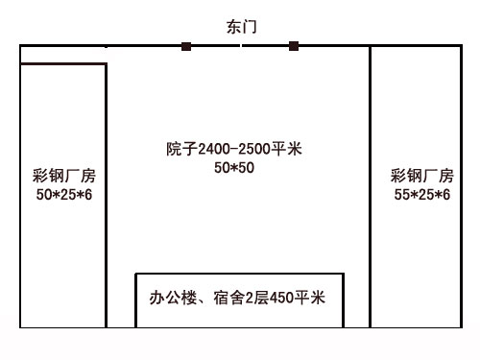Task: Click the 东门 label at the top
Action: [242, 27]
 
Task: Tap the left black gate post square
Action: [186, 46]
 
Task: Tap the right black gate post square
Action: [294, 46]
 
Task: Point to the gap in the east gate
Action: [241, 46]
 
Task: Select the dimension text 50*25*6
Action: [64, 195]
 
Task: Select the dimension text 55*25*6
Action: [422, 195]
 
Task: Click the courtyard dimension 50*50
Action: [234, 168]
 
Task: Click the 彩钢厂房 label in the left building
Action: [64, 176]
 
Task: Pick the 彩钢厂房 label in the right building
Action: [422, 176]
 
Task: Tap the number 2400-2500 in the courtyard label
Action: [234, 149]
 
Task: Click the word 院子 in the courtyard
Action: [181, 149]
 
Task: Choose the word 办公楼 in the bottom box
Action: [173, 298]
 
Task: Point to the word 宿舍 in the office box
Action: [229, 298]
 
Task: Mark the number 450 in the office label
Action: [281, 298]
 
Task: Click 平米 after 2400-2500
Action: [286, 149]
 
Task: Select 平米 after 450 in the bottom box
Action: [310, 298]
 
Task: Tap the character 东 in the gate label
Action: [234, 27]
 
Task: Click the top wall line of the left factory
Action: [63, 64]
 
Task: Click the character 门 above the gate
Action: [250, 27]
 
